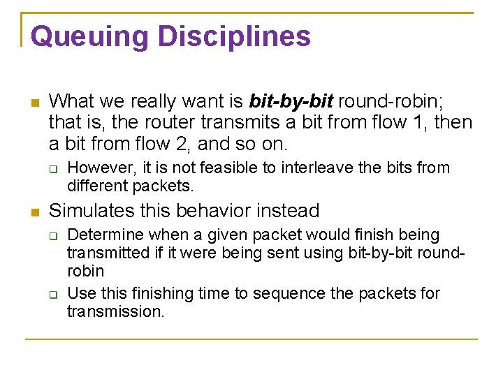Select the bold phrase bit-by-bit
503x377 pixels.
pyautogui.click(x=289, y=102)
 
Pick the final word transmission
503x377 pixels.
pyautogui.click(x=115, y=311)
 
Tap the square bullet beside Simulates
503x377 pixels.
pyautogui.click(x=34, y=212)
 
